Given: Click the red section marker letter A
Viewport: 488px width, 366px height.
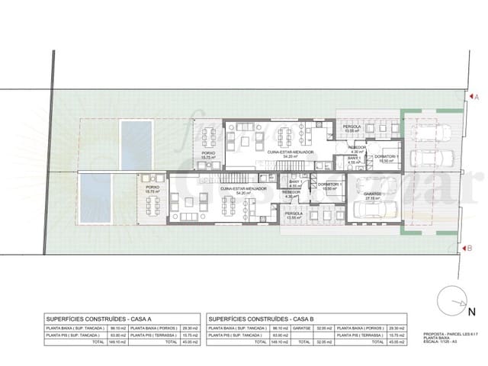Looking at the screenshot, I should tap(476, 98).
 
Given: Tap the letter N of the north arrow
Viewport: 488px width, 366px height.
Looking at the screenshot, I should tap(472, 311).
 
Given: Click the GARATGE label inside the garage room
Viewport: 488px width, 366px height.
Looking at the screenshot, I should tap(373, 194).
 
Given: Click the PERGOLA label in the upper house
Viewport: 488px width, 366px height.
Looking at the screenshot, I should tap(352, 127).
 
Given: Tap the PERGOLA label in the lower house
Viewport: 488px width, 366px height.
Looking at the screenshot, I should tap(294, 213).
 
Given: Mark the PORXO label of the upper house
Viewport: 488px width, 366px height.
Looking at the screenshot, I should tap(207, 152).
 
